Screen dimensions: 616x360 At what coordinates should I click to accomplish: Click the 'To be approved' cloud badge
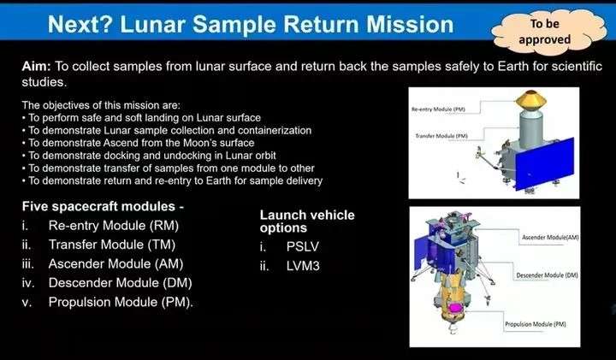pos(548,32)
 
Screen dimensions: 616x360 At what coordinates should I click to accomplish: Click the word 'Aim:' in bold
pos(36,66)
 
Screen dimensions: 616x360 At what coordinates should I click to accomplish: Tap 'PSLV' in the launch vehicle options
pos(303,246)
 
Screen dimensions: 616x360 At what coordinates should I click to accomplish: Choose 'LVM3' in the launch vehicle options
pos(303,266)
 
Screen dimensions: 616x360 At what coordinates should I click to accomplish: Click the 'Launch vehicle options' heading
pos(307,221)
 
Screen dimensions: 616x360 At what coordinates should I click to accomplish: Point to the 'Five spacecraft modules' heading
pos(103,206)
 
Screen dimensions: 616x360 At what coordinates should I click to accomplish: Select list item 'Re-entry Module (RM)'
pos(114,226)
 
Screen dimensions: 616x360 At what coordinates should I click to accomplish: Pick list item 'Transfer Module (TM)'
pos(112,245)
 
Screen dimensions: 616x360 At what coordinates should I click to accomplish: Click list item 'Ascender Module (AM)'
pos(115,264)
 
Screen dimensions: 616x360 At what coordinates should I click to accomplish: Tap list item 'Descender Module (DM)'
pos(121,283)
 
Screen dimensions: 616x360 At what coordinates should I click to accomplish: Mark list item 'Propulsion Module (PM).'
pos(121,302)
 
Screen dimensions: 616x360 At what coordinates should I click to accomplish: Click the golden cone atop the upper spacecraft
pos(531,101)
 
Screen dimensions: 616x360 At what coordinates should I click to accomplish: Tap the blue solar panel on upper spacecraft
pos(545,163)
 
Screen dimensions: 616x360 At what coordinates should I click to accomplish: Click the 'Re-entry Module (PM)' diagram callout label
pos(438,109)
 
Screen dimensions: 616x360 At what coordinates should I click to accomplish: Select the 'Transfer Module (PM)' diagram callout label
pos(441,136)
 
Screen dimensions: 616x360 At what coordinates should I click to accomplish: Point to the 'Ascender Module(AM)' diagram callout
pos(550,237)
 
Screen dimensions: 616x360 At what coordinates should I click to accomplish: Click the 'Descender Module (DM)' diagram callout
pos(547,275)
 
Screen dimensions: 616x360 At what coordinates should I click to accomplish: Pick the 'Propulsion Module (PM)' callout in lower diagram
pos(535,324)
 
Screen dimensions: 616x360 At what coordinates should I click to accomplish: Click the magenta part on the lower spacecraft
pos(455,308)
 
